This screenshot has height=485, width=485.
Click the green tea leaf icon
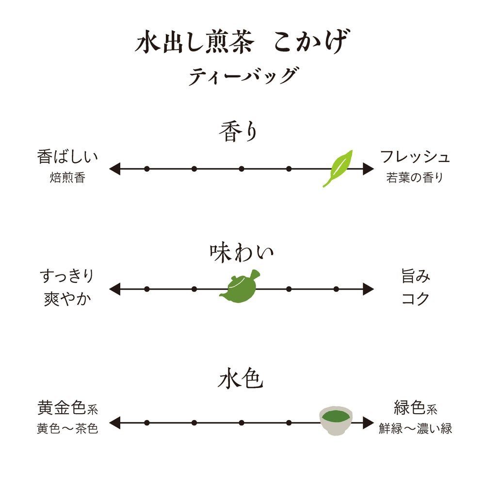pyautogui.click(x=338, y=168)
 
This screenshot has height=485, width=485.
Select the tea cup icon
pyautogui.click(x=336, y=420)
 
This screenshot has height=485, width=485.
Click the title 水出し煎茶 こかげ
pyautogui.click(x=242, y=43)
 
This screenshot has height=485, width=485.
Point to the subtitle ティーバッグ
pyautogui.click(x=242, y=76)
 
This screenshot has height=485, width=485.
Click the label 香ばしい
pyautogui.click(x=67, y=157)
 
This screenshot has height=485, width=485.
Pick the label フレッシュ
pyautogui.click(x=415, y=157)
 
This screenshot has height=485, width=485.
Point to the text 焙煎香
pyautogui.click(x=67, y=178)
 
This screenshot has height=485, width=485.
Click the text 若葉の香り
pyautogui.click(x=415, y=178)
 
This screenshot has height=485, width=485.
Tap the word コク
pyautogui.click(x=415, y=298)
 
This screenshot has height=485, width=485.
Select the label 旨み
pyautogui.click(x=415, y=276)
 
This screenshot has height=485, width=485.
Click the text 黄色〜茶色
pyautogui.click(x=67, y=429)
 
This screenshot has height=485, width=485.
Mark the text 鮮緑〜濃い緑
pyautogui.click(x=415, y=429)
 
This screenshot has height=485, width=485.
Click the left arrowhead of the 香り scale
pyautogui.click(x=114, y=169)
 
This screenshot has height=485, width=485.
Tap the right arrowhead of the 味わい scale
pyautogui.click(x=368, y=290)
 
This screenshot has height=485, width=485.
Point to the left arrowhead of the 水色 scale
pyautogui.click(x=114, y=422)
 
